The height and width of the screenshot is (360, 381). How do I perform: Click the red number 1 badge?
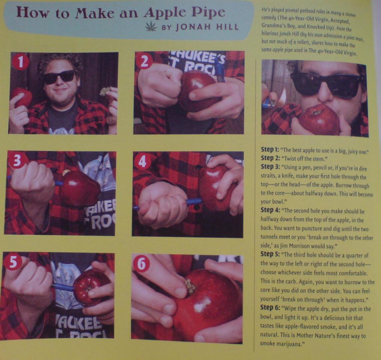[21, 62]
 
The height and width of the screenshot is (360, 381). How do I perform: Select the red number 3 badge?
[17, 161]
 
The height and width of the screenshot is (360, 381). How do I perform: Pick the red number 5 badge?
[13, 262]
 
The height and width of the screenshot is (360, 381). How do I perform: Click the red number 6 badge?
[142, 264]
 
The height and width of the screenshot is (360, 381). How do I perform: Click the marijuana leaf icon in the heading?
[151, 26]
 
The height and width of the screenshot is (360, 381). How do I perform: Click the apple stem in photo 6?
[190, 286]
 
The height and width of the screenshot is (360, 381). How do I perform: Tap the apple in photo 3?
[80, 187]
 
